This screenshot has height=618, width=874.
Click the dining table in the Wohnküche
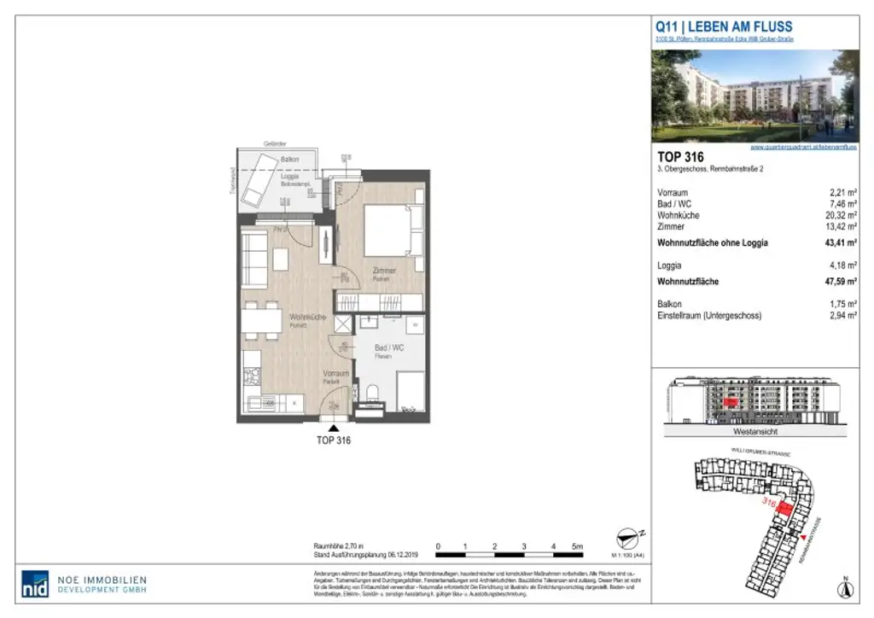(x=261, y=320)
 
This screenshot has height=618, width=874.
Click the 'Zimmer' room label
(x=384, y=271)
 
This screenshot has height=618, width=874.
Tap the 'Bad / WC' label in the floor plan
(x=389, y=348)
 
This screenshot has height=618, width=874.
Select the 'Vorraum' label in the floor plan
(x=335, y=374)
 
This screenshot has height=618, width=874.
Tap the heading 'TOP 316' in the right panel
(x=680, y=157)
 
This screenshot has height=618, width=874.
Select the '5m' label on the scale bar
(x=578, y=546)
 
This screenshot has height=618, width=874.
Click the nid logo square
(x=34, y=582)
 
